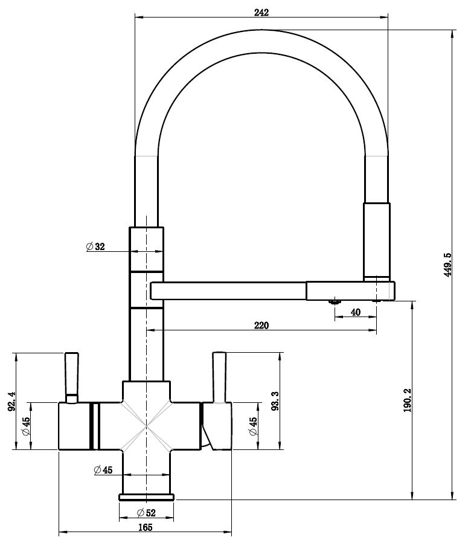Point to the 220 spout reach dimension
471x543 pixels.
click(261, 325)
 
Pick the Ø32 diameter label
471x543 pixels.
click(96, 246)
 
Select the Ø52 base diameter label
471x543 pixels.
click(146, 513)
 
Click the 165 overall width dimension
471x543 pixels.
click(145, 527)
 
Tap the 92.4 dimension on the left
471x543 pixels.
click(10, 400)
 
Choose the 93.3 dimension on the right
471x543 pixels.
click(275, 400)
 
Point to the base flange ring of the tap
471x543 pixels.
click(147, 497)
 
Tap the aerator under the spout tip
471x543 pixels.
click(333, 301)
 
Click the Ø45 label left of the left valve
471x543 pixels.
click(27, 426)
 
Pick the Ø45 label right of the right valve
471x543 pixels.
click(253, 426)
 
